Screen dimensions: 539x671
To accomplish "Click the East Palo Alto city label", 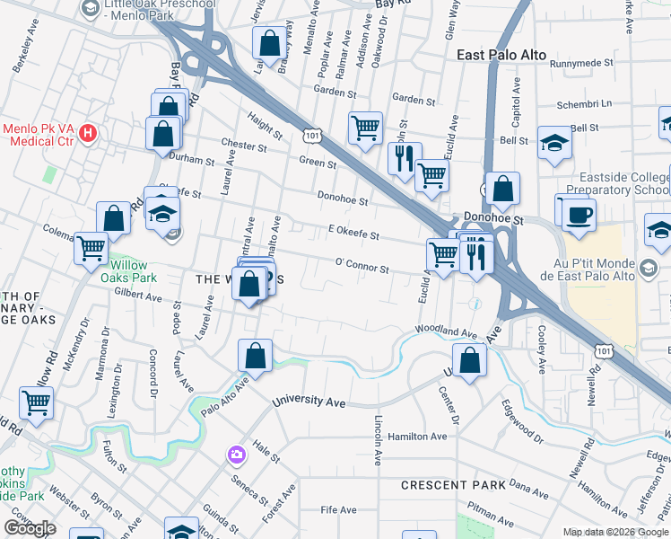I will click(x=501, y=55).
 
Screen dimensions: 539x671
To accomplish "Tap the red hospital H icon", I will click(x=88, y=135).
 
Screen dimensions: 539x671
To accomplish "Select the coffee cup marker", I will click(x=579, y=214).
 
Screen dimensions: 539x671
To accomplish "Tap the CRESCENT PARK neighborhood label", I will click(x=453, y=485).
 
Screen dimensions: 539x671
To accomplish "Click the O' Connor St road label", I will click(x=362, y=268).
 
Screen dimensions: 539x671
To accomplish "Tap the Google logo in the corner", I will click(x=30, y=528).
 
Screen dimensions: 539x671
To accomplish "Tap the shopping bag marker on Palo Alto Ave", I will click(x=256, y=356).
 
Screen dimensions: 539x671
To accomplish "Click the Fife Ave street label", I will click(x=339, y=509).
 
